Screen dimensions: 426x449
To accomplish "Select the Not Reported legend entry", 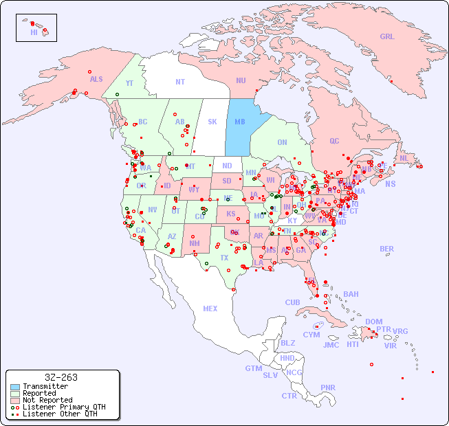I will pyautogui.click(x=47, y=400).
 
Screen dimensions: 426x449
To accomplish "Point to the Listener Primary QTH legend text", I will pyautogui.click(x=63, y=407).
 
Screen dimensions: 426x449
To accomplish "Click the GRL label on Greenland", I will pyautogui.click(x=387, y=36).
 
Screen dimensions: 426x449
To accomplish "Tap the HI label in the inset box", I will pyautogui.click(x=34, y=32).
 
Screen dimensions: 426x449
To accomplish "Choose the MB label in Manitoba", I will pyautogui.click(x=240, y=122).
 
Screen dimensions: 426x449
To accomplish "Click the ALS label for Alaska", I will pyautogui.click(x=96, y=79).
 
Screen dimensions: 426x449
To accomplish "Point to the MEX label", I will pyautogui.click(x=210, y=309).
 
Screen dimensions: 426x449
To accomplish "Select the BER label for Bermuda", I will pyautogui.click(x=387, y=249).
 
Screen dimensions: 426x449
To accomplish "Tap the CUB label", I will pyautogui.click(x=292, y=302).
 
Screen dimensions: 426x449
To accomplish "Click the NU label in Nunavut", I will pyautogui.click(x=241, y=80).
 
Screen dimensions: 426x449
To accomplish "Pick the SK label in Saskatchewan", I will pyautogui.click(x=212, y=122).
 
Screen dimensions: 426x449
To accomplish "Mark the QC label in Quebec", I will pyautogui.click(x=334, y=141).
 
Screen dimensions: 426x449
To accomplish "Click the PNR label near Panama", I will pyautogui.click(x=328, y=388).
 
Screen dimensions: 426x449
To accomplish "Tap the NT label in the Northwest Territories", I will pyautogui.click(x=179, y=82).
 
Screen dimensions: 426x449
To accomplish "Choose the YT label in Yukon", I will pyautogui.click(x=129, y=83).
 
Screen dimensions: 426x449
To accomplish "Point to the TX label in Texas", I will pyautogui.click(x=224, y=258).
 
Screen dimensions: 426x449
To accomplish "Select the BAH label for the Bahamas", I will pyautogui.click(x=351, y=294).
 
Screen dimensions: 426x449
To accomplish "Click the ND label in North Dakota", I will pyautogui.click(x=227, y=166).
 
